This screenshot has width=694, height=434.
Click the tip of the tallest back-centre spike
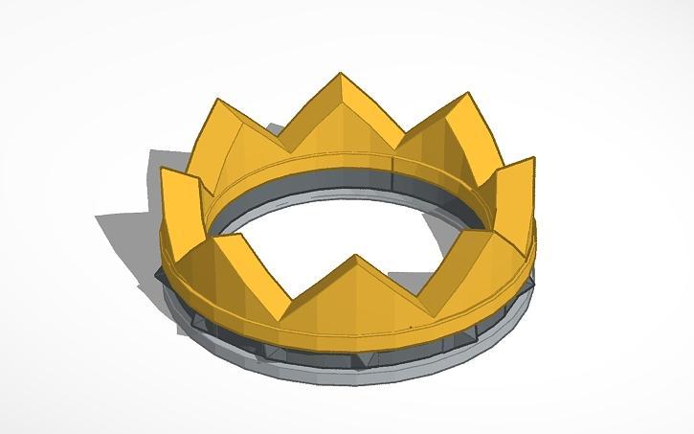(341, 73)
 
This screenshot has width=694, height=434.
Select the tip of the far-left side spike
(166, 171)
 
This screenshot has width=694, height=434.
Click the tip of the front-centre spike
(356, 255)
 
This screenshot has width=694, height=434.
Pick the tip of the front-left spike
(216, 236)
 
